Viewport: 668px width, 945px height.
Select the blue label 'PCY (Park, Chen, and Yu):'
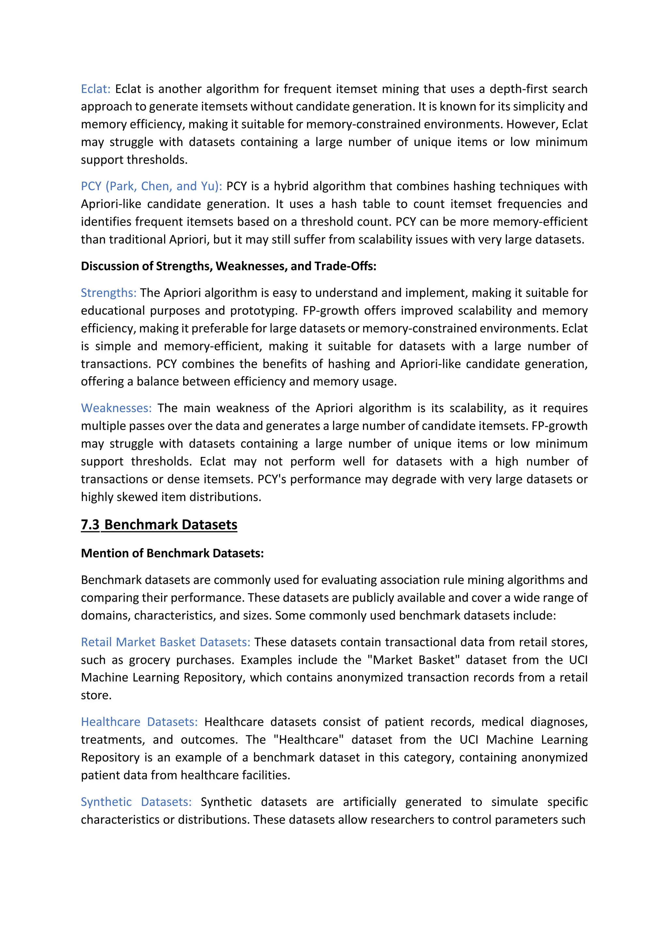pos(151,186)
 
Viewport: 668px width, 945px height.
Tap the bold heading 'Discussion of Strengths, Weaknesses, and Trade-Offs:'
pos(228,266)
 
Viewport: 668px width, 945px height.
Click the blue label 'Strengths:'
pos(108,292)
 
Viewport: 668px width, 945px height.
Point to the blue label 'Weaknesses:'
pos(116,408)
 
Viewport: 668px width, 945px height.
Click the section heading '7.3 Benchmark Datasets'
pos(159,524)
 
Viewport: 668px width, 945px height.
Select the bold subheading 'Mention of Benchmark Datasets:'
pos(172,553)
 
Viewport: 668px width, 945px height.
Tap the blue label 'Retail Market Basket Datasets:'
pos(165,642)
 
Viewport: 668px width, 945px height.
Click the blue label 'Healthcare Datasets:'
pos(139,722)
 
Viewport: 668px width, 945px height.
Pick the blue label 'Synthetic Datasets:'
pos(136,802)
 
